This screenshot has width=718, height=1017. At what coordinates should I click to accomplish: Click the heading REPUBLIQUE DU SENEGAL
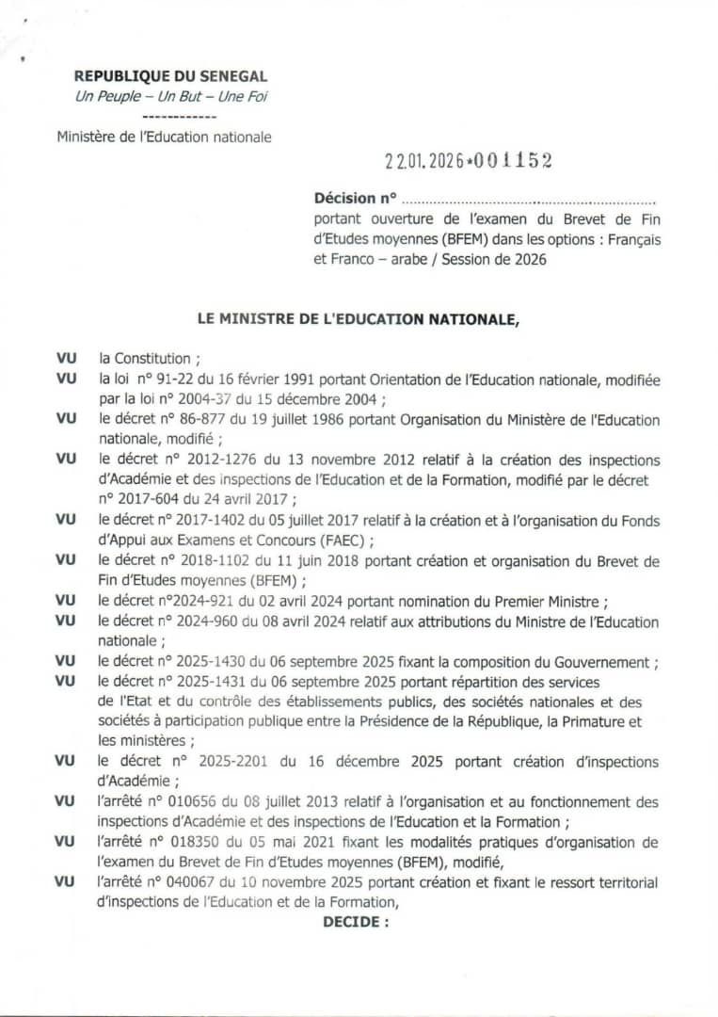pos(170,76)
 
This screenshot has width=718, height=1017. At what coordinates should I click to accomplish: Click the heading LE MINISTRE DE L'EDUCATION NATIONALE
pos(359,319)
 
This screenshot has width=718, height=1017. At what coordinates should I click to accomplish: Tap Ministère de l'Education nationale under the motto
pos(164,137)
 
